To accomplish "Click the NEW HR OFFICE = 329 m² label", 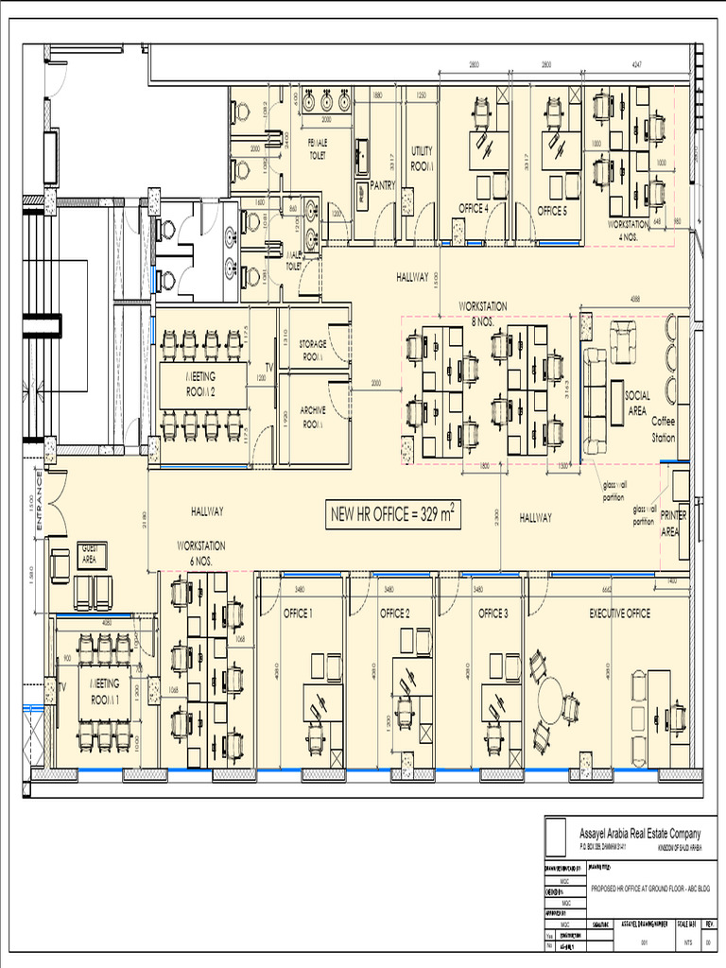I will click(x=392, y=514).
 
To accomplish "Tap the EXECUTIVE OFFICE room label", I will click(x=619, y=614).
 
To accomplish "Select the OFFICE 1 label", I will click(x=298, y=614).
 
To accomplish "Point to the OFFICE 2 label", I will click(x=394, y=614).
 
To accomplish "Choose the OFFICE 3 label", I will click(x=493, y=614).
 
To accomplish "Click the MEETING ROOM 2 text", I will click(x=199, y=383).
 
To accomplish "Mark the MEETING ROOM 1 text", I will click(x=105, y=690).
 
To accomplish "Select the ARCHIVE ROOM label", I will click(x=313, y=418).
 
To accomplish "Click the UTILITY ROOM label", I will click(x=422, y=159).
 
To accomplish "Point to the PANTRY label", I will click(x=383, y=185).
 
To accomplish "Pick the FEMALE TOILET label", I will click(x=318, y=148).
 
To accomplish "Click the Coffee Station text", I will click(x=664, y=429).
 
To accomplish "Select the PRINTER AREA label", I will click(x=673, y=523).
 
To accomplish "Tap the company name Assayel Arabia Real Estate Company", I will click(x=640, y=833).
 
